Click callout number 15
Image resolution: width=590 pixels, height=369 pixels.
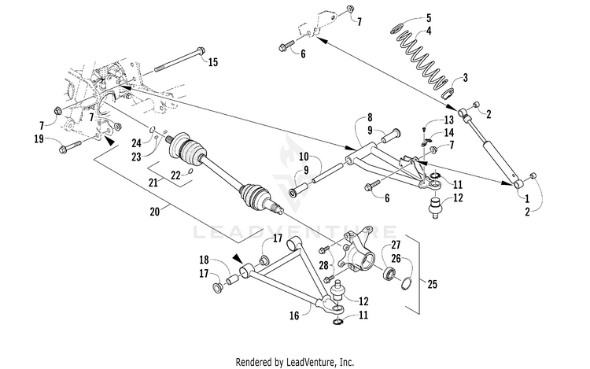[x=213, y=62]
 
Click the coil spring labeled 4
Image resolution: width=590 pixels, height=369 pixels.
[x=421, y=55]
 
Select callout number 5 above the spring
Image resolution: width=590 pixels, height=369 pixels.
[x=429, y=17]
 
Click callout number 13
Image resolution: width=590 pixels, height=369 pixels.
[x=448, y=120]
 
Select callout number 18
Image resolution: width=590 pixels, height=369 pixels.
[x=204, y=259]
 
